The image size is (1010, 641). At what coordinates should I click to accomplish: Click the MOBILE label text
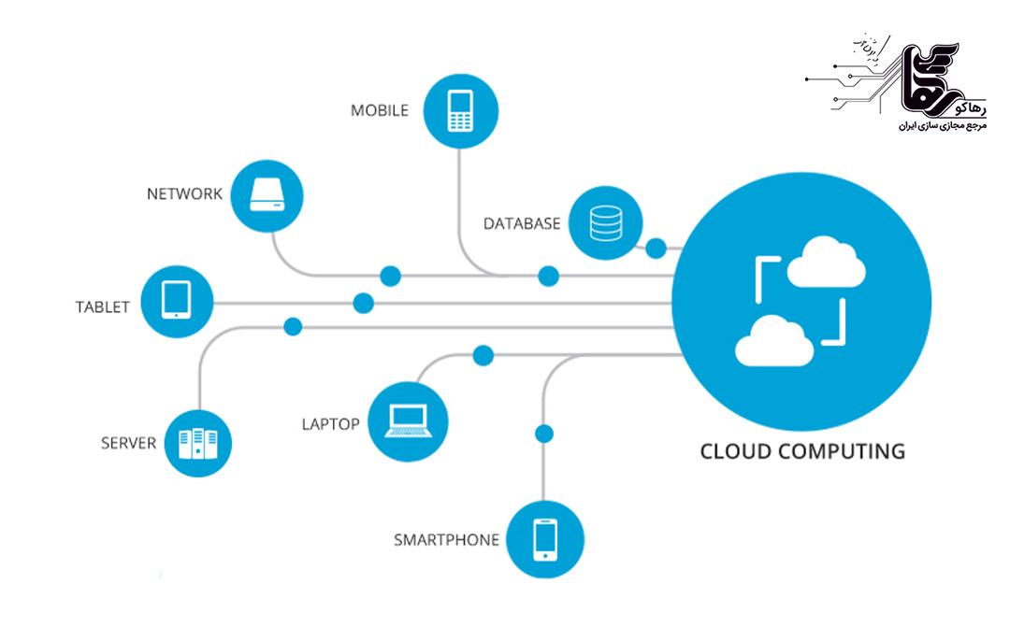coord(380,110)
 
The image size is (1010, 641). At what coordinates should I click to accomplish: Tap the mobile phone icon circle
coord(458,111)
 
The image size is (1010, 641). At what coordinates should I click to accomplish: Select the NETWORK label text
coord(184,194)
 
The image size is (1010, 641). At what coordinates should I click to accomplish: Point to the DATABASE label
coord(522,224)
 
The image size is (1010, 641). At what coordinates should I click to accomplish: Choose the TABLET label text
coord(103,306)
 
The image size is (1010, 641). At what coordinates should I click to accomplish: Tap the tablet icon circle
coord(176,301)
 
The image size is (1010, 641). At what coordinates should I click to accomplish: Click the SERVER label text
coord(128,443)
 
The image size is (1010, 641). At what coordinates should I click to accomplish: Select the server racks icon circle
coord(196,443)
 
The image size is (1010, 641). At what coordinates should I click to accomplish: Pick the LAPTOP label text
coord(330,424)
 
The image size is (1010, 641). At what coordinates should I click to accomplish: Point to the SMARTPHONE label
coord(446,540)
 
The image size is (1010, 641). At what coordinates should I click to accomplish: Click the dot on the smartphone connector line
coord(543,434)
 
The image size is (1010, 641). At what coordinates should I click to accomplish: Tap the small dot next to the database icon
coord(656,249)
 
